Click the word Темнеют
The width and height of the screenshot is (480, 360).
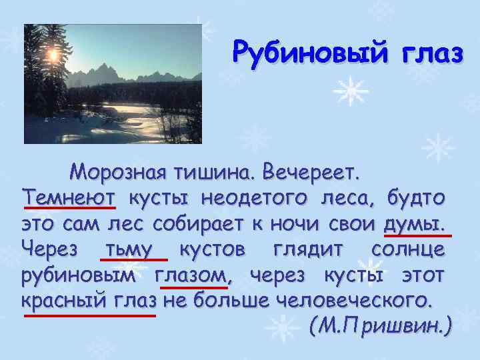[x=69, y=197]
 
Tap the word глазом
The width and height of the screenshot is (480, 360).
[x=192, y=274]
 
